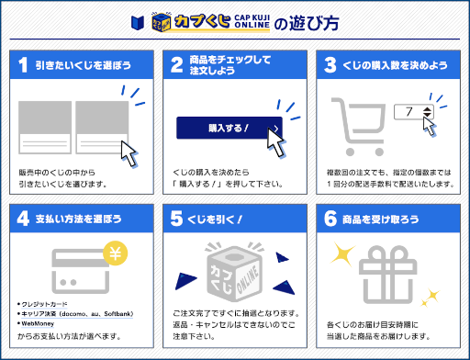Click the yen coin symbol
tap(115, 253)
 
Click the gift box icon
tap(388, 273)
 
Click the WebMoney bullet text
tap(41, 323)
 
